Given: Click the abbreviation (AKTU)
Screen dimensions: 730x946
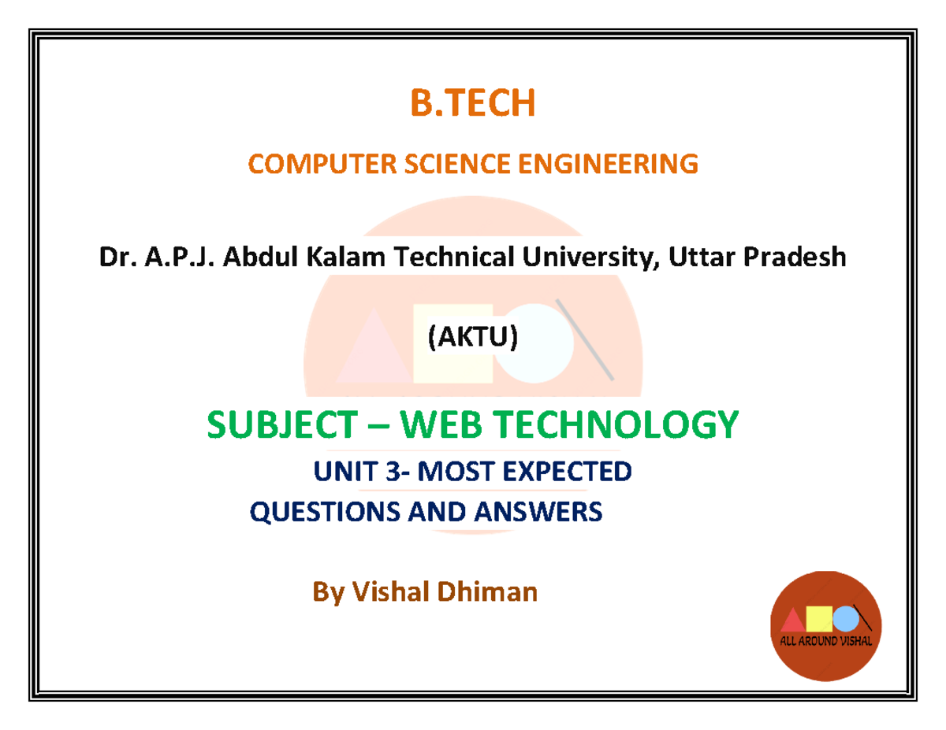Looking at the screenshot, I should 472,337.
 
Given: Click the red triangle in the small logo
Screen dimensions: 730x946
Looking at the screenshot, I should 793,621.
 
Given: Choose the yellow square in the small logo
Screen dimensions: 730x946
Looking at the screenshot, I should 820,618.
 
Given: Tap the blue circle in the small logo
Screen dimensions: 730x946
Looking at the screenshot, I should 846,618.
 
